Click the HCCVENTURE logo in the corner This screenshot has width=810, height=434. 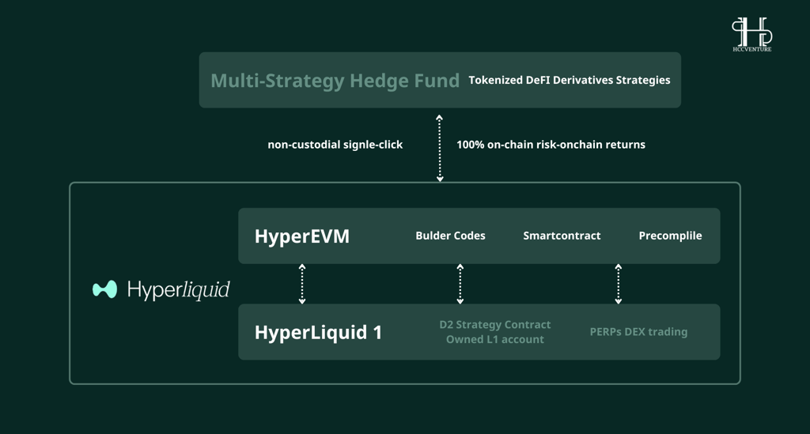click(751, 34)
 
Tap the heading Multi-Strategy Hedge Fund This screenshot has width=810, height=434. click(335, 81)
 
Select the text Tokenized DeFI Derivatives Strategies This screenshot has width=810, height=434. click(570, 80)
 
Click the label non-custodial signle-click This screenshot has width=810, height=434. click(335, 145)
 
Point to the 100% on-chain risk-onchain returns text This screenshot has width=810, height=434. click(551, 145)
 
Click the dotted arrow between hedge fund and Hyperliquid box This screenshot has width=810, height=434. click(440, 148)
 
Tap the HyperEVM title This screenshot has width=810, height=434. click(302, 236)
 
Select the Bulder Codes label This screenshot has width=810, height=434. click(450, 236)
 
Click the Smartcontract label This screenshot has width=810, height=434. click(562, 236)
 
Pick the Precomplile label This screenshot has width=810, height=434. click(670, 236)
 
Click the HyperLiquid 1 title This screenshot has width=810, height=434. click(318, 332)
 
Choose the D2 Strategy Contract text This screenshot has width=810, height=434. click(495, 325)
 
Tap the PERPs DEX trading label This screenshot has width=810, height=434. click(638, 332)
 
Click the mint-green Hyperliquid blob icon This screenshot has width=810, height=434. click(105, 289)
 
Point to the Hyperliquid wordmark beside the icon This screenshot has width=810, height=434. click(179, 290)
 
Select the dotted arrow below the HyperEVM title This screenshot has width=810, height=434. click(302, 284)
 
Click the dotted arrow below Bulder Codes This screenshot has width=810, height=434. click(460, 284)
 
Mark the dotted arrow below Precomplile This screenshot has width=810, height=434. click(619, 284)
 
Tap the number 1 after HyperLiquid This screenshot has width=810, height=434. click(377, 332)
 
